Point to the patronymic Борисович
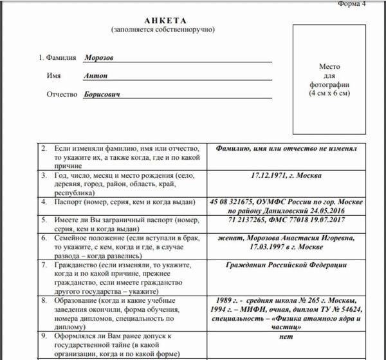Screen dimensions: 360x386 (x=102, y=94)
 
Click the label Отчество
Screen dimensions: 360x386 (x=62, y=95)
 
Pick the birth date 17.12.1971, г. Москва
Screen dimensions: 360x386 (x=286, y=175)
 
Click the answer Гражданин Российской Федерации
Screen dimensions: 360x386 (x=287, y=264)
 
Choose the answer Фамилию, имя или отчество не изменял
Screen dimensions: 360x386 (x=287, y=147)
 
